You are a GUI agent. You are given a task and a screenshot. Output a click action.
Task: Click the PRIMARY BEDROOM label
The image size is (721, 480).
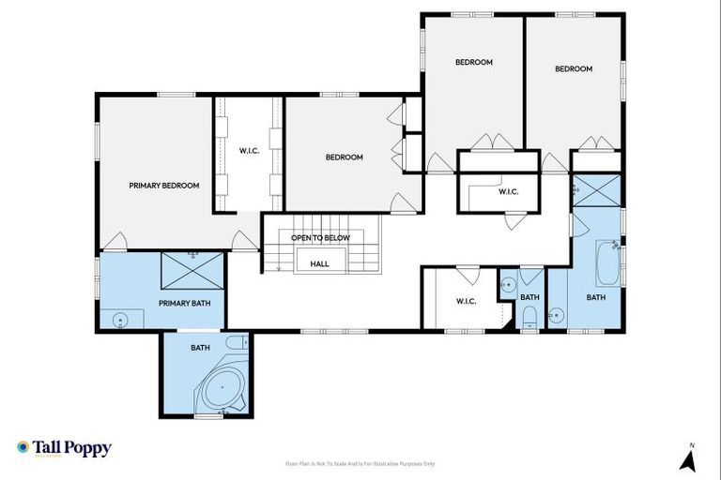pos(164,186)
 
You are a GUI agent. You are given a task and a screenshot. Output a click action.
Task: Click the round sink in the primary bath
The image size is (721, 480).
pos(119,320)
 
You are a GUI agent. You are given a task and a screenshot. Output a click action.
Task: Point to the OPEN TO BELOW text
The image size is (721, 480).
pos(320,238)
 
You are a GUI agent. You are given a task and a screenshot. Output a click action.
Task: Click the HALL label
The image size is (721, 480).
pos(320,264)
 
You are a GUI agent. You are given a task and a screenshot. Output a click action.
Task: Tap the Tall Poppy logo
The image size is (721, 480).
pos(64,448)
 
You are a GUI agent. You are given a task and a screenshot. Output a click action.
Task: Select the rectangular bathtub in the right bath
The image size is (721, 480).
pos(606,264)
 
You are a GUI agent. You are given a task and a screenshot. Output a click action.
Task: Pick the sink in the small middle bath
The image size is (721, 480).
pos(507,284)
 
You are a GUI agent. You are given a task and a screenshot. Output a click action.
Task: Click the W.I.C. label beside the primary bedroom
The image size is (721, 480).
pos(249,151)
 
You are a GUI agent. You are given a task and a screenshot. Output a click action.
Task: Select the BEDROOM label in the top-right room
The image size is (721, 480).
pos(573,68)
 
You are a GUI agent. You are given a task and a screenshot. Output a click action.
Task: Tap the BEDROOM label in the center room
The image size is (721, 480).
pos(344,157)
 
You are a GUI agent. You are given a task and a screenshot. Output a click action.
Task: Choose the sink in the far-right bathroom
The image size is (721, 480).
pos(557,315)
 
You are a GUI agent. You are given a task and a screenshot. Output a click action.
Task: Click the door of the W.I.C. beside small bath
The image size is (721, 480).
pos(468,275)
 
